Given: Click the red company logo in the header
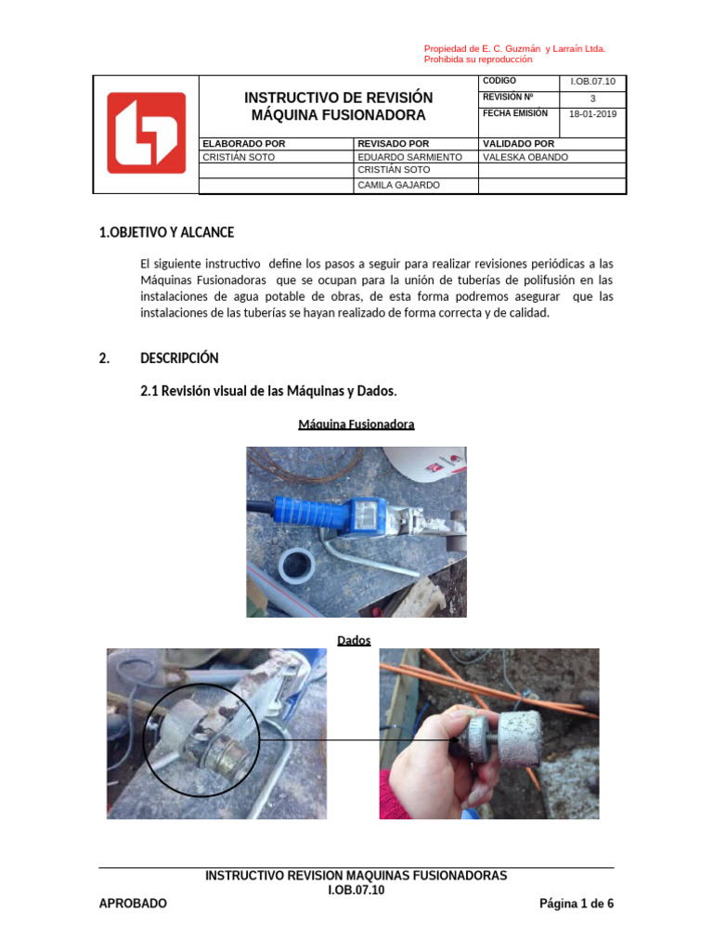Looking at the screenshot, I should point(146,133).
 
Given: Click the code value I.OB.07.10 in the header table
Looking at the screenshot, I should point(592,82).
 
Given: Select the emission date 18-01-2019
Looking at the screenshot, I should point(592,115).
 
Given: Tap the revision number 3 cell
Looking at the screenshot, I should point(592,98).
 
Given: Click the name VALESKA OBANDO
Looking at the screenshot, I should point(525,157).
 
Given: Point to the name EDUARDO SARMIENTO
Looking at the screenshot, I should point(409,157).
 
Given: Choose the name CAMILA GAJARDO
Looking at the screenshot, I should point(399,185).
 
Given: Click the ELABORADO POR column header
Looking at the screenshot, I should point(243,144).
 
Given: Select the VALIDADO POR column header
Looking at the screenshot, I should point(517,144).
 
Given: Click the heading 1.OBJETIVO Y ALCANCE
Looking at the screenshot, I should point(166,232).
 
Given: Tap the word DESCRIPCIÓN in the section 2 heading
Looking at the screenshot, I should point(179,358).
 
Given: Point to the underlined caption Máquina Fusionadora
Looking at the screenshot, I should point(356,424).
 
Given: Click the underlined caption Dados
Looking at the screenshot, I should point(354,640).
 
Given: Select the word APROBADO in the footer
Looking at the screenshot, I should point(133,904).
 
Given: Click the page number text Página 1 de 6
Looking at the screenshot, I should point(577,904).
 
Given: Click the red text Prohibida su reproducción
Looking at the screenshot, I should point(478,59).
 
